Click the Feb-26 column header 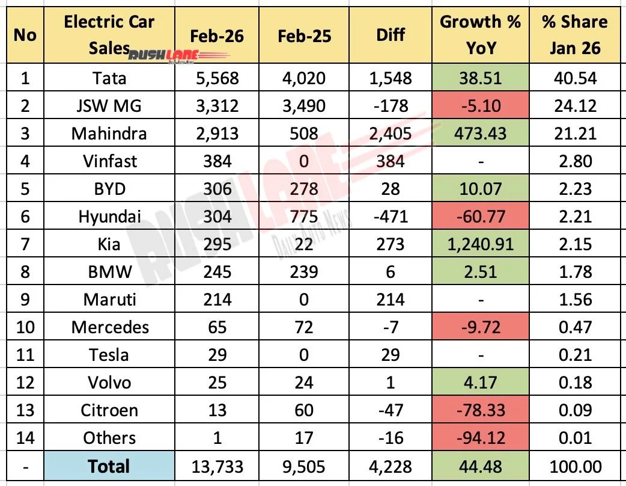(218, 35)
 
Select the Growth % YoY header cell (480, 35)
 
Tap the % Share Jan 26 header (574, 35)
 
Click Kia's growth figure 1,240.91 (480, 244)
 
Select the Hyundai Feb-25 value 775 (304, 216)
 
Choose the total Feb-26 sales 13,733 (218, 466)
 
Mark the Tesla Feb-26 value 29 (218, 355)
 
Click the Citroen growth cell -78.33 (480, 410)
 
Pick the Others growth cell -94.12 (480, 438)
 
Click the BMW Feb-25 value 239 (304, 272)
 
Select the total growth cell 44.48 (480, 466)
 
